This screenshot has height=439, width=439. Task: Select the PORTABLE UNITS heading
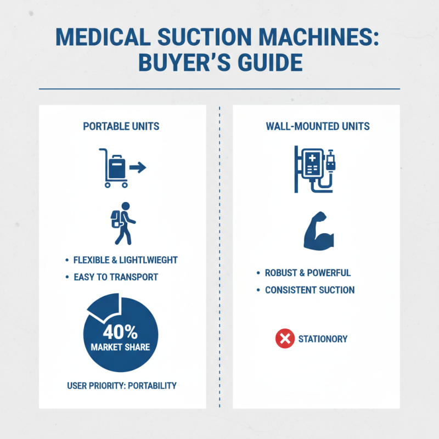[x=121, y=126]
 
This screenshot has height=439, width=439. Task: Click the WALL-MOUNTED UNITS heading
[x=318, y=126]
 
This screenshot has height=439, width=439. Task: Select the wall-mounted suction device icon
[x=314, y=168]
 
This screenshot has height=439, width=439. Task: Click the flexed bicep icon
[x=318, y=233]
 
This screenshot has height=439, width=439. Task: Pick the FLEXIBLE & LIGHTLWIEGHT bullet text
[x=126, y=260]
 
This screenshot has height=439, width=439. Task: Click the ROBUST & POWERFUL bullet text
[x=307, y=273]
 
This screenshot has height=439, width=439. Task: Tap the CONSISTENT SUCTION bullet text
[x=309, y=290]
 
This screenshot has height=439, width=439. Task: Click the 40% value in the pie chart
[x=121, y=333]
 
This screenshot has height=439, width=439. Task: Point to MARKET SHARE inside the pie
[x=121, y=347]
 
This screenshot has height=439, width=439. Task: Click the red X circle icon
[x=284, y=339]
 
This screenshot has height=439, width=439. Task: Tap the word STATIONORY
[x=323, y=339]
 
